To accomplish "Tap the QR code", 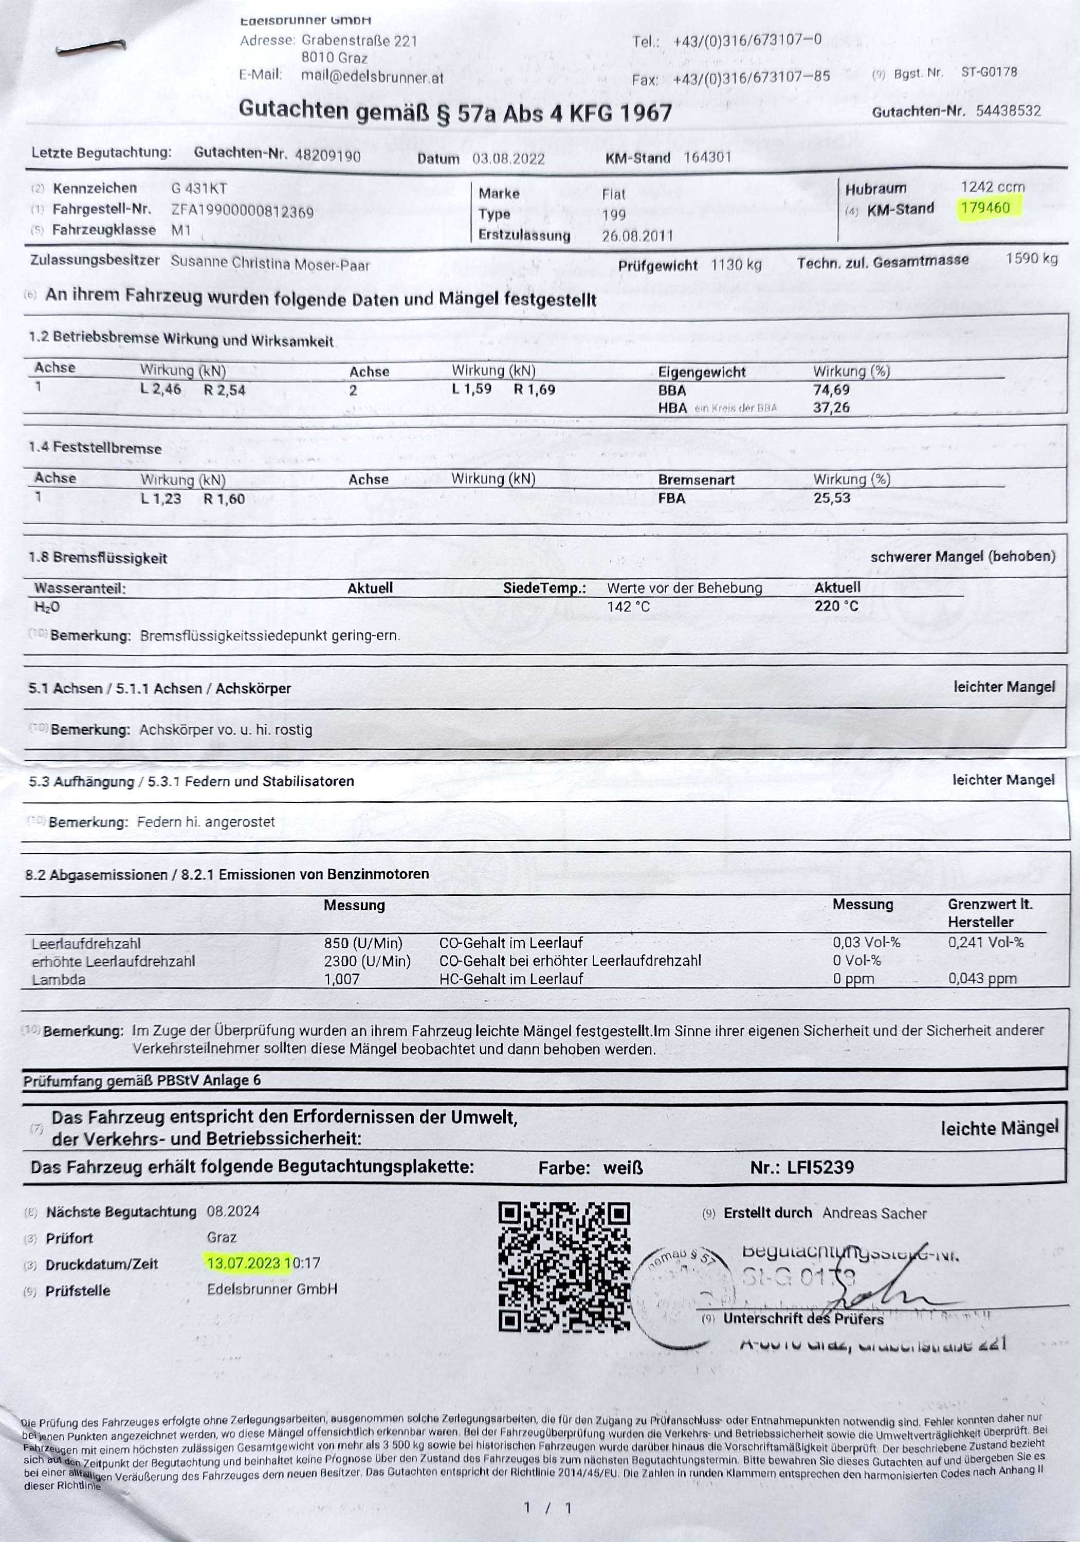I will click(x=564, y=1266).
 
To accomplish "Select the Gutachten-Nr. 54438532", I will click(x=1008, y=111).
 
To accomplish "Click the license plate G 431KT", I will click(x=199, y=189).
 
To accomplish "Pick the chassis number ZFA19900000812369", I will click(x=243, y=212).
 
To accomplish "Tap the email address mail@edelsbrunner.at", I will click(x=372, y=77).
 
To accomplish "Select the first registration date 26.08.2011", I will click(x=637, y=236).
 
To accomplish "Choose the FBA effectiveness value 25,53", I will click(x=832, y=498).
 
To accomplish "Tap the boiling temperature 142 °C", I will click(x=629, y=607).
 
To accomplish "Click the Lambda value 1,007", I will click(x=342, y=979).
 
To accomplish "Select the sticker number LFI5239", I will click(x=821, y=1167).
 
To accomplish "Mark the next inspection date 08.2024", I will click(x=233, y=1211).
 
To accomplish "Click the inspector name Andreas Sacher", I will click(x=874, y=1213).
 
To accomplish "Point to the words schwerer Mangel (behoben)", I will click(x=962, y=556).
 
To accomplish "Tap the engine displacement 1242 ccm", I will click(x=992, y=187).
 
